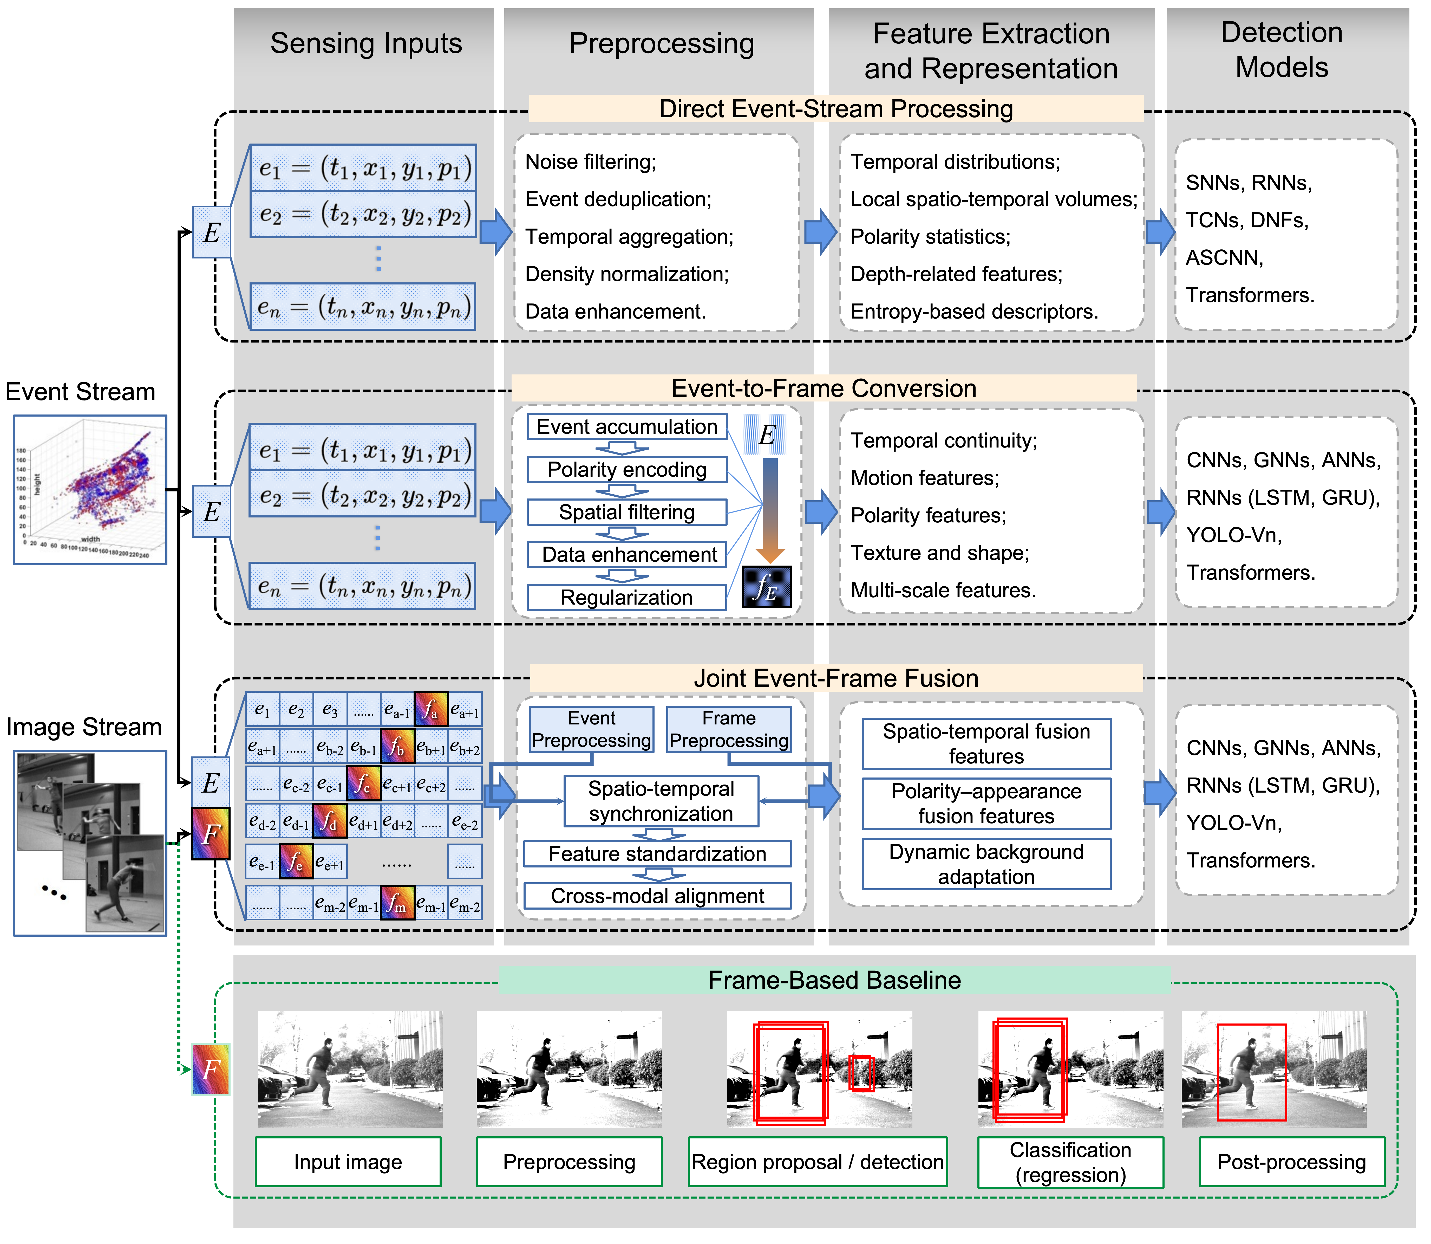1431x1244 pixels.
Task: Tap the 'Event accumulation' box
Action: pos(627,426)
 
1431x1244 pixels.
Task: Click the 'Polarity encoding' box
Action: pos(627,469)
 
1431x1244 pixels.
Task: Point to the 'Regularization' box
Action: pos(627,597)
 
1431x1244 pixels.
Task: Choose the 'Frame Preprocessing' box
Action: pos(729,729)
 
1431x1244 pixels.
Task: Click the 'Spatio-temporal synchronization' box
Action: pos(661,801)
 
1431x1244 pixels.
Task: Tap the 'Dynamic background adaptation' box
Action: pos(986,864)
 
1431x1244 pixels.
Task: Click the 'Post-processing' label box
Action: pos(1291,1161)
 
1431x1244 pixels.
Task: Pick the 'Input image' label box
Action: pos(348,1161)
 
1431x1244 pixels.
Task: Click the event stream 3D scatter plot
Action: pos(90,489)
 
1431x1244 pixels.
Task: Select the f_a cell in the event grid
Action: pos(431,709)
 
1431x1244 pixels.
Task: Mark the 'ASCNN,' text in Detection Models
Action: pos(1225,257)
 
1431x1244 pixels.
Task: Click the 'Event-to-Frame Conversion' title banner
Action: pos(824,388)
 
